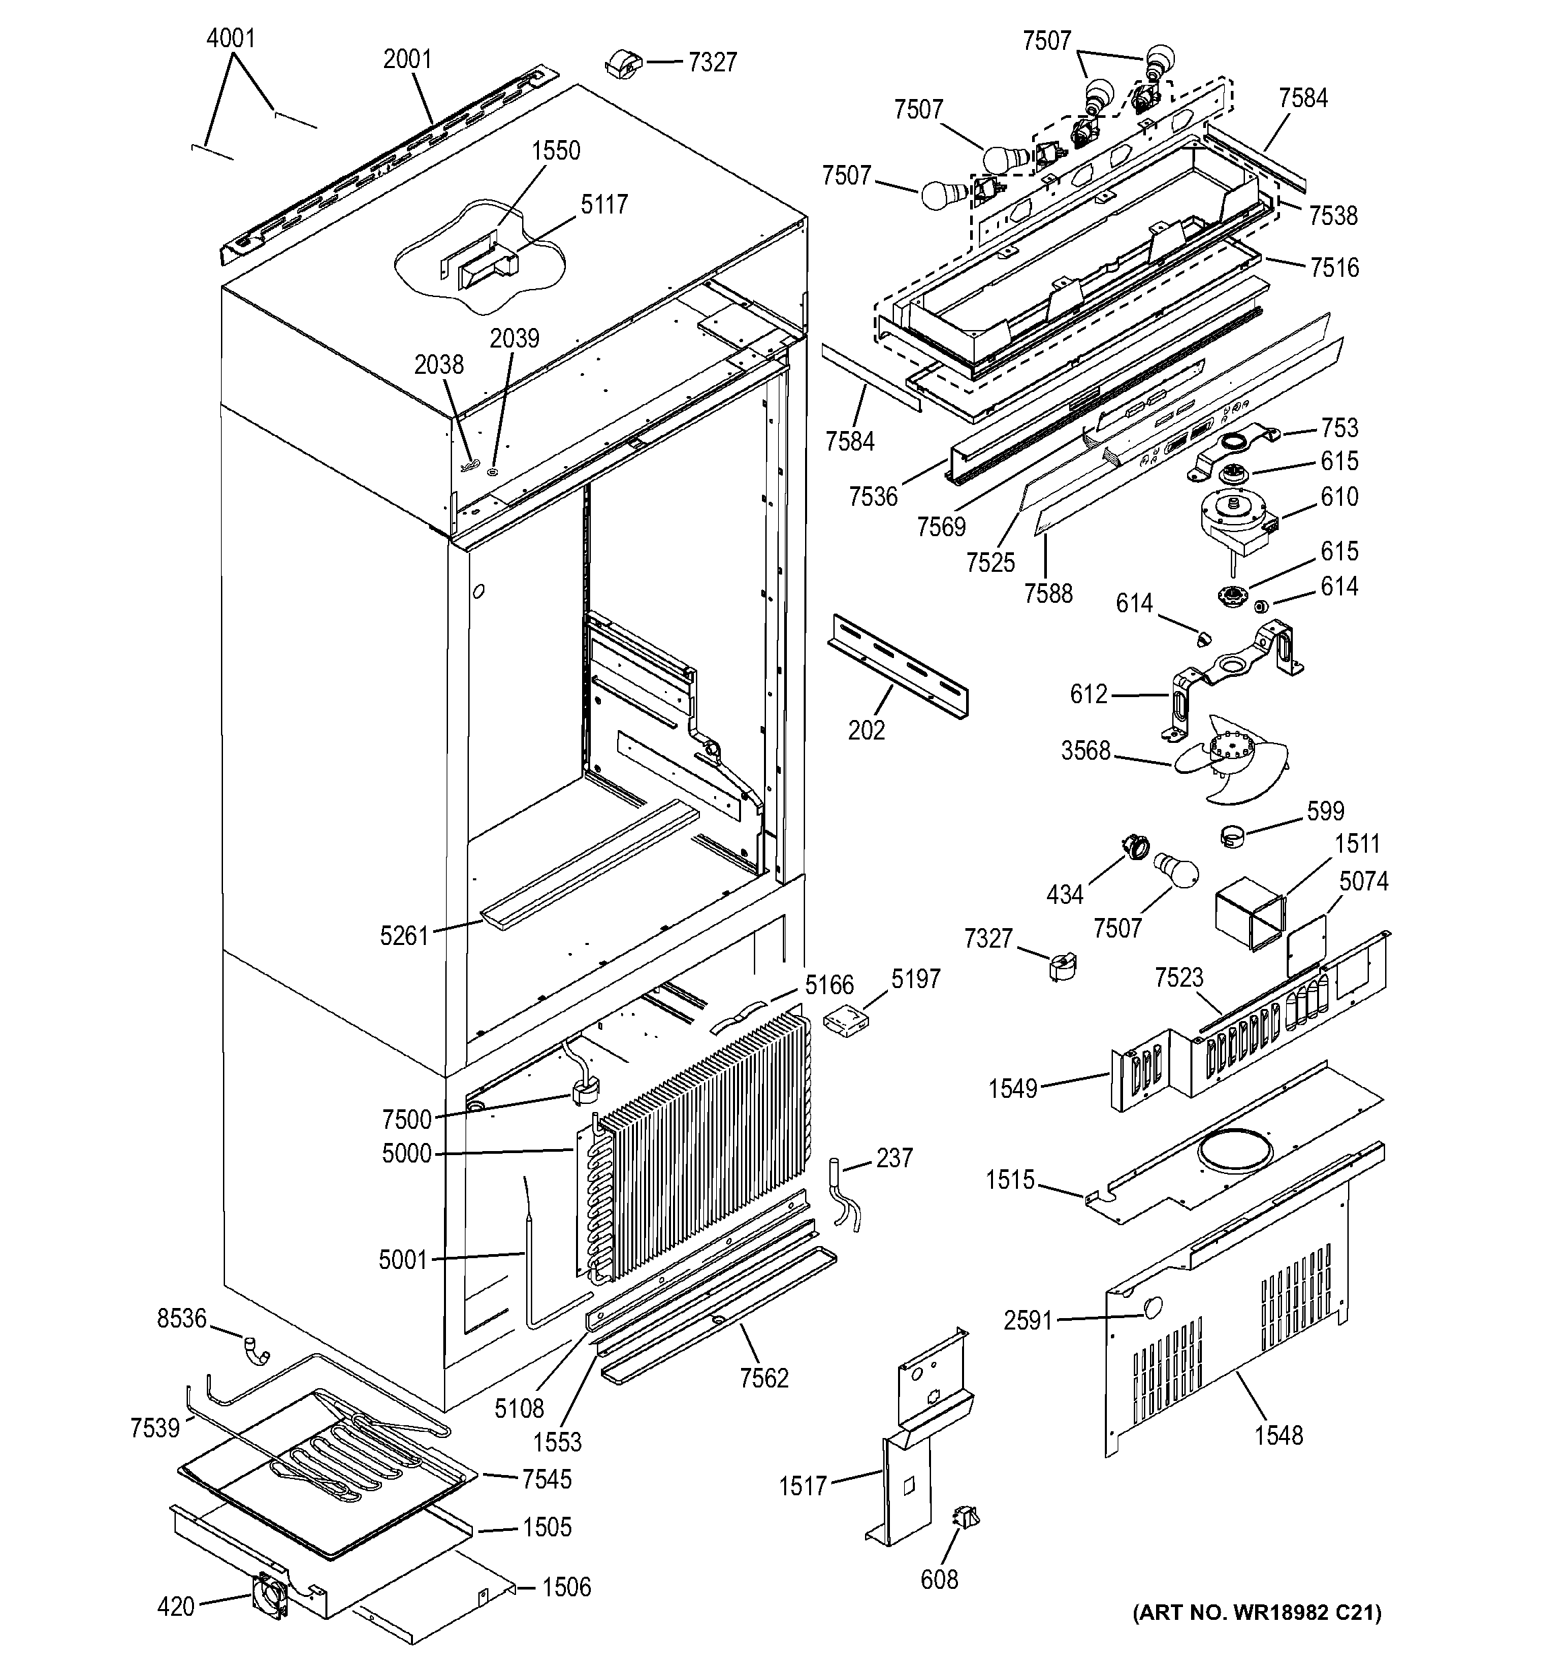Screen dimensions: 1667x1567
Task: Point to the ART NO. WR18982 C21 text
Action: pyautogui.click(x=1256, y=1612)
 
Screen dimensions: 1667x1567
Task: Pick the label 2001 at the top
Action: pyautogui.click(x=408, y=59)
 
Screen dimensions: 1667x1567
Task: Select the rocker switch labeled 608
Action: pyautogui.click(x=965, y=1517)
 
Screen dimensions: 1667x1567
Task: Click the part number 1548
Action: pyautogui.click(x=1279, y=1435)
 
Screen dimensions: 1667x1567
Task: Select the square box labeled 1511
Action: pyautogui.click(x=1250, y=913)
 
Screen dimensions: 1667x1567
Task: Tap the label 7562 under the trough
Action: pyautogui.click(x=763, y=1377)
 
